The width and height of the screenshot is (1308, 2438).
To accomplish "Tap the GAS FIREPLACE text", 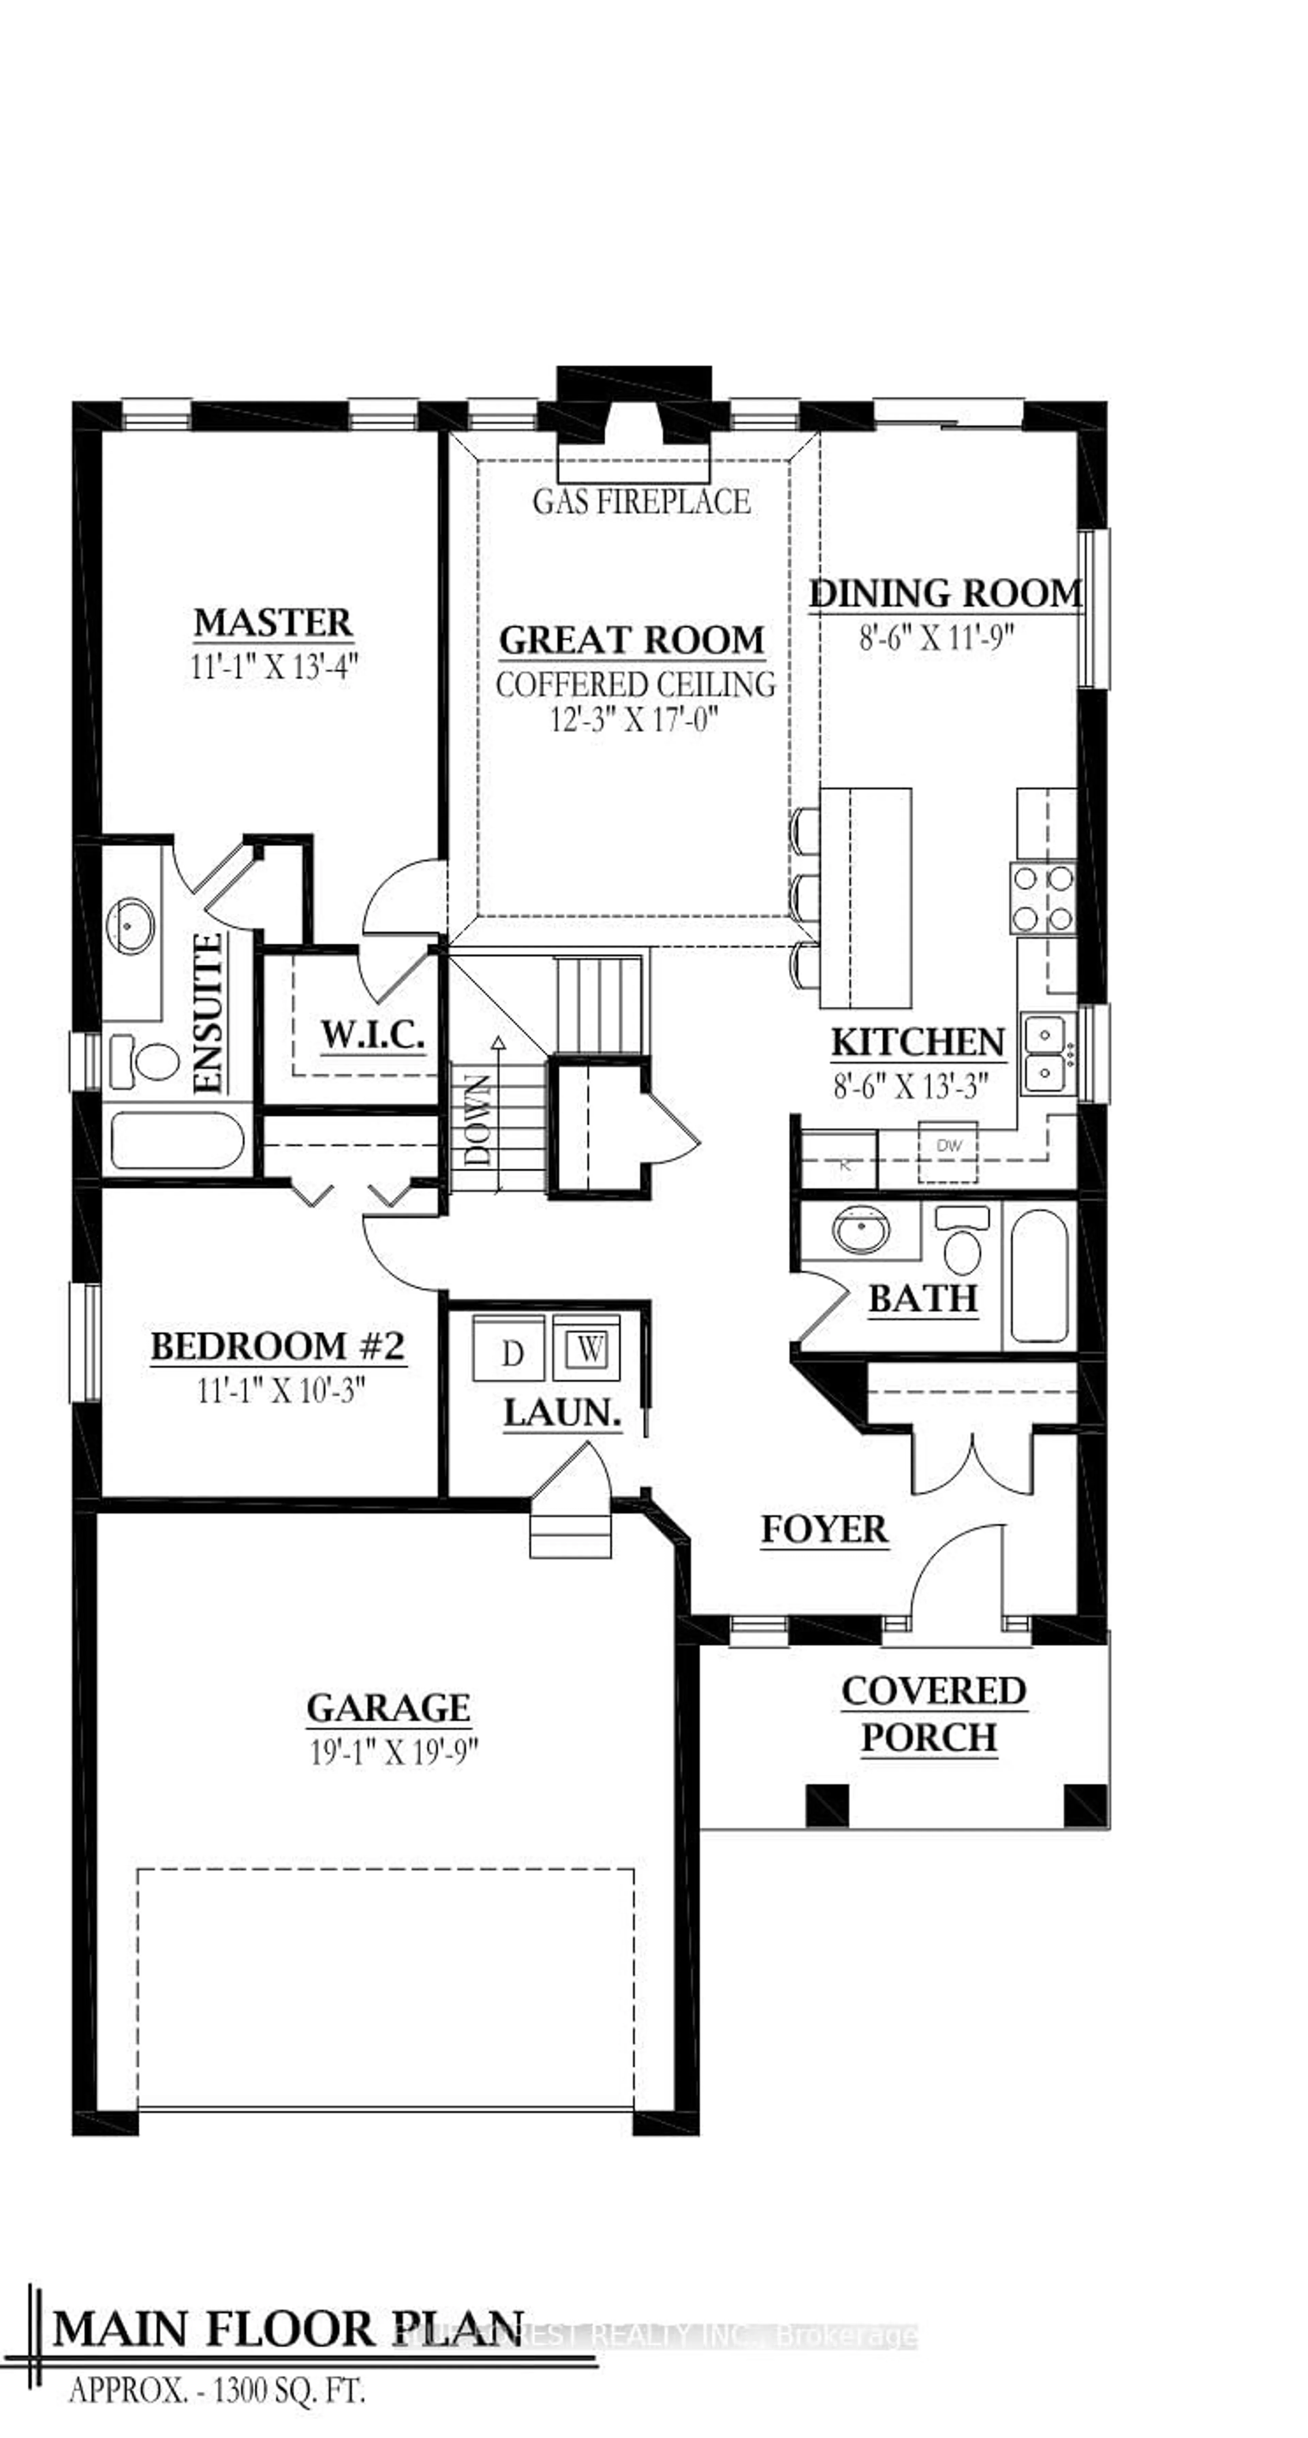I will coord(642,502).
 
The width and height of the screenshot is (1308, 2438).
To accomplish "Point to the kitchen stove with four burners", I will coord(1043,898).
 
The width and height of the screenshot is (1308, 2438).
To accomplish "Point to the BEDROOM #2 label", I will coord(278,1346).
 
